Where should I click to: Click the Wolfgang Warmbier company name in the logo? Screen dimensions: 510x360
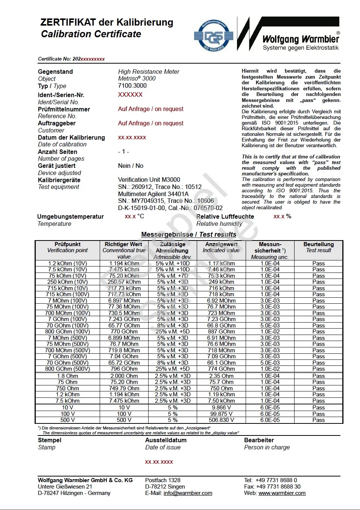(x=301, y=39)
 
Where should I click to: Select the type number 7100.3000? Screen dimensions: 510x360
(x=132, y=85)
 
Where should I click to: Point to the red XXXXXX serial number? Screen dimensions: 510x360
(x=130, y=95)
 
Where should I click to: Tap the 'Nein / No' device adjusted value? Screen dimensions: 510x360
(x=131, y=166)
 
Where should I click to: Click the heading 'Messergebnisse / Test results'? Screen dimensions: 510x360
(x=188, y=234)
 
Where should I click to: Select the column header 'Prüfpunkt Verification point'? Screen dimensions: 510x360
(x=67, y=247)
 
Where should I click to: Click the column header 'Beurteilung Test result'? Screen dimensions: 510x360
(x=318, y=247)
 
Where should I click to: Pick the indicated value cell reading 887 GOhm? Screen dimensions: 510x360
(x=221, y=332)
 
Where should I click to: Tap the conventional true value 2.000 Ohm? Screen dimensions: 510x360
(x=124, y=376)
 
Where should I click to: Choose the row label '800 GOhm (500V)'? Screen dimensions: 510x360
(x=68, y=369)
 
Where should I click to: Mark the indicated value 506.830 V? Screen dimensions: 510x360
(x=221, y=420)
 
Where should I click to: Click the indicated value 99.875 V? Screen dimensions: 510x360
(x=221, y=414)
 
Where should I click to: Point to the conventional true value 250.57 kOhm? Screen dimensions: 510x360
(x=124, y=282)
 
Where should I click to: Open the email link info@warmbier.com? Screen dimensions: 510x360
(x=188, y=493)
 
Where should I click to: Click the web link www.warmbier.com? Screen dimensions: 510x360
(x=282, y=493)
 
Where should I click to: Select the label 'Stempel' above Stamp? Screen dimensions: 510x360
(x=50, y=440)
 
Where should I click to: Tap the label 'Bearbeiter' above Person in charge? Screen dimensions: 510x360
(x=259, y=440)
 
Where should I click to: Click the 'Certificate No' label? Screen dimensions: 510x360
(x=55, y=59)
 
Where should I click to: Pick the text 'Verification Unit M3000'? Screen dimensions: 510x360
(x=149, y=180)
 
